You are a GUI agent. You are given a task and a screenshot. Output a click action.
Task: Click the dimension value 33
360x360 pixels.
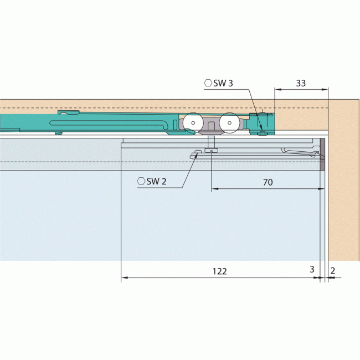301,83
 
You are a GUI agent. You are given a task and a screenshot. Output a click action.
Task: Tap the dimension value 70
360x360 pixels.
268,182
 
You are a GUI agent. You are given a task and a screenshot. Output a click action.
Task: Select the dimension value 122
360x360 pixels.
220,271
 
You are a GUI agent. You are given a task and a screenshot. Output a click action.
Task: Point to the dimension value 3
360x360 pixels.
312,269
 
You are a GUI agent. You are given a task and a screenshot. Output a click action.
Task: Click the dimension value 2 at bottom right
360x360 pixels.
333,271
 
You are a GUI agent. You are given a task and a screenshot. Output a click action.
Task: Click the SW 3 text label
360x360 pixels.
223,83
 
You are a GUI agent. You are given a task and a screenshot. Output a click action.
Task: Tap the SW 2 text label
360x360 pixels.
156,181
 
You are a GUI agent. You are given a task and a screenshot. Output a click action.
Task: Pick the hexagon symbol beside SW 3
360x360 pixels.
208,83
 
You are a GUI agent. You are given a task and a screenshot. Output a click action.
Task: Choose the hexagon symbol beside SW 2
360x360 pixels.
141,181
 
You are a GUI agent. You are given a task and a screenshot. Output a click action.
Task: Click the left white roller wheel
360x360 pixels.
193,123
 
